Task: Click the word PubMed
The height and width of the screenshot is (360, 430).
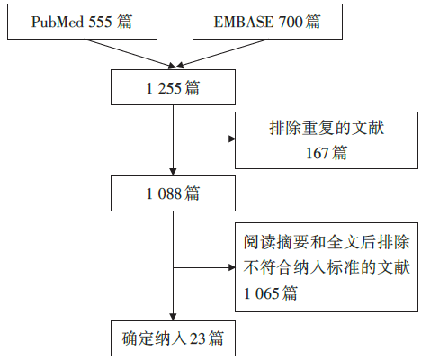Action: pyautogui.click(x=58, y=22)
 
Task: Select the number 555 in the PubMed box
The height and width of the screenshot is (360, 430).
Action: pyautogui.click(x=100, y=22)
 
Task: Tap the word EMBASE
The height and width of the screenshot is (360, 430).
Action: pyautogui.click(x=244, y=22)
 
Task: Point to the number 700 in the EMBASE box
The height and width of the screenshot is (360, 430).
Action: pyautogui.click(x=291, y=22)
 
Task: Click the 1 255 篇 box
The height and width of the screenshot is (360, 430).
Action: pyautogui.click(x=173, y=87)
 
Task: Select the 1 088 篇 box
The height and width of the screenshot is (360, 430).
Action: pyautogui.click(x=173, y=193)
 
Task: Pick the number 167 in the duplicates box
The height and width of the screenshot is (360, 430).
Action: pyautogui.click(x=318, y=153)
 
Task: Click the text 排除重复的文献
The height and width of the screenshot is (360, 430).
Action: pyautogui.click(x=327, y=128)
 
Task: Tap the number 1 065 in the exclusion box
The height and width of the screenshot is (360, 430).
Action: pyautogui.click(x=262, y=293)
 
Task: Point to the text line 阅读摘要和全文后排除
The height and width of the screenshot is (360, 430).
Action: pyautogui.click(x=327, y=242)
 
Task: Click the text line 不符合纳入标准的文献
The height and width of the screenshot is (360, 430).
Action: pyautogui.click(x=327, y=267)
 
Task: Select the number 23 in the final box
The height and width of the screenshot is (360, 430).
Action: pyautogui.click(x=198, y=338)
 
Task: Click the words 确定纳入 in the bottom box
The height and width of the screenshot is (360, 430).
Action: pyautogui.click(x=155, y=338)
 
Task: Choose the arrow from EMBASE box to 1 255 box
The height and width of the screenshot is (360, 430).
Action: pyautogui.click(x=221, y=53)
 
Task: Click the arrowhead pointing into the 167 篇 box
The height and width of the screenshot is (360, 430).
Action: pyautogui.click(x=232, y=139)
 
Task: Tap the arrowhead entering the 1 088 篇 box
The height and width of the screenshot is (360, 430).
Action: pyautogui.click(x=173, y=172)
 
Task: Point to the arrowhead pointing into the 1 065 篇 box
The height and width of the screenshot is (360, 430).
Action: pyautogui.click(x=232, y=267)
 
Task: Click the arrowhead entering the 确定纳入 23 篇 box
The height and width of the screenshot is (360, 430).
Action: pyautogui.click(x=173, y=317)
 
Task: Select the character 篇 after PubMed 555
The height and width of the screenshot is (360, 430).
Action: pyautogui.click(x=125, y=22)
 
